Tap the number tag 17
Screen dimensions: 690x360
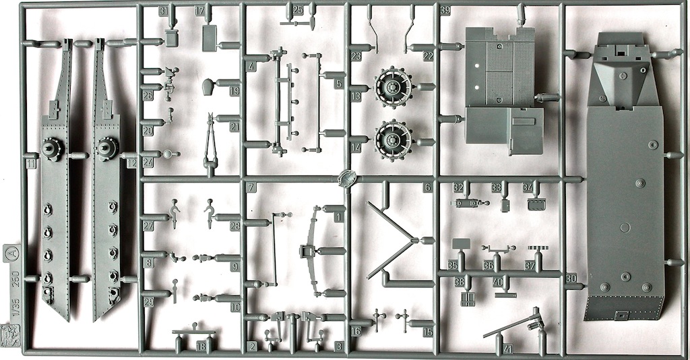[199, 11]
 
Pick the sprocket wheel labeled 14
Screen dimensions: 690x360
[394, 140]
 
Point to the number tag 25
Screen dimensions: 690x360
[298, 9]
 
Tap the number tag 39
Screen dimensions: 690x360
[445, 11]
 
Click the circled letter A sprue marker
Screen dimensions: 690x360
[12, 253]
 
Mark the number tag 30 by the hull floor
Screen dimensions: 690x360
[571, 278]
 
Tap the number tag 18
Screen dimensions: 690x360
[201, 346]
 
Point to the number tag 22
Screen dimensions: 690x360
[428, 57]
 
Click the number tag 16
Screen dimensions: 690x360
[355, 331]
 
